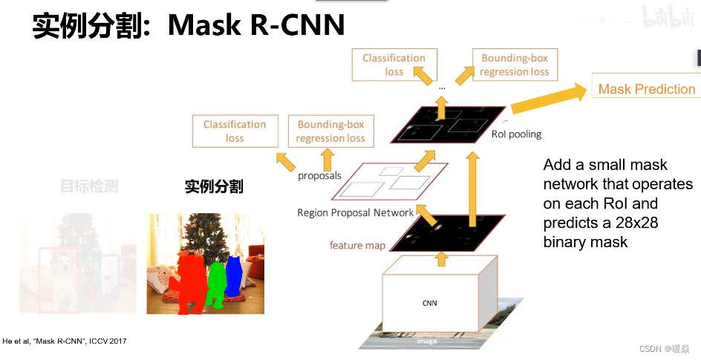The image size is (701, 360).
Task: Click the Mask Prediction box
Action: (646, 89)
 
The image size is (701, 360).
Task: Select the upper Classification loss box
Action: (394, 65)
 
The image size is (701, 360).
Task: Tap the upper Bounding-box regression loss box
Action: (514, 65)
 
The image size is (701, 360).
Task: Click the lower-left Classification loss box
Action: (235, 131)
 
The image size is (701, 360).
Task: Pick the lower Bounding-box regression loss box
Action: (330, 131)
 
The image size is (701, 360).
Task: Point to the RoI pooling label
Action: (516, 134)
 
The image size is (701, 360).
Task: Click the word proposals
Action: (319, 176)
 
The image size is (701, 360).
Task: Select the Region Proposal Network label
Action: (355, 212)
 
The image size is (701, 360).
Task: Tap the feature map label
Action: (357, 245)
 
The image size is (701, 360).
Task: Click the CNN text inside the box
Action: (430, 303)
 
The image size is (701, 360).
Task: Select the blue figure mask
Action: (234, 276)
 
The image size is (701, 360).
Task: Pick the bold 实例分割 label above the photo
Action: (214, 186)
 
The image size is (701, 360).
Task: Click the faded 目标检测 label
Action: (89, 186)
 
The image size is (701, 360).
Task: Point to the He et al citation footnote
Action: (65, 341)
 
